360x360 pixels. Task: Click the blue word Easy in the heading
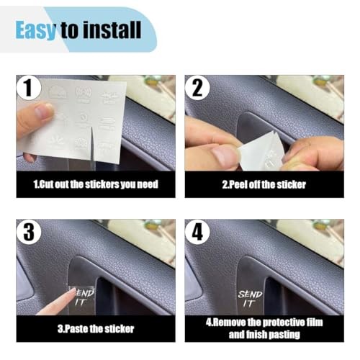(36, 30)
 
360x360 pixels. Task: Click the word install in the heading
(112, 30)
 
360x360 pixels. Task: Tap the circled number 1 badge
(29, 88)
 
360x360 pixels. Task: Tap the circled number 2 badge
(197, 88)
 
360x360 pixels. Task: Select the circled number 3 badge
(29, 232)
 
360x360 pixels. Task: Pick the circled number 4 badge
(197, 232)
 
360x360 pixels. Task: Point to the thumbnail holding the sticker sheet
(44, 111)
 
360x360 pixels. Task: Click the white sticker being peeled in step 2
(261, 152)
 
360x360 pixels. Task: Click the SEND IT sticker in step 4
(250, 299)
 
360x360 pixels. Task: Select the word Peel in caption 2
(238, 184)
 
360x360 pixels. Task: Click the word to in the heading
(69, 30)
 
